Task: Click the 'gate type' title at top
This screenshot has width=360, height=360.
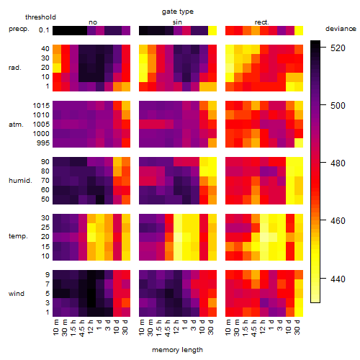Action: [178, 12]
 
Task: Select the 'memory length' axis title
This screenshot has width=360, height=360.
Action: [177, 350]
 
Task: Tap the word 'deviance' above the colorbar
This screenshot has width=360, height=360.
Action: [341, 29]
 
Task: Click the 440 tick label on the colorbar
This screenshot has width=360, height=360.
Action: [338, 279]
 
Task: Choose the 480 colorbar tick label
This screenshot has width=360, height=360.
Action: [338, 163]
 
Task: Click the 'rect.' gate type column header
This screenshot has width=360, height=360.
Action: [262, 22]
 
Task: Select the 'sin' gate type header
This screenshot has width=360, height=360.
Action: [177, 22]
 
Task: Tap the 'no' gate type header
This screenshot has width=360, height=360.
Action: [93, 22]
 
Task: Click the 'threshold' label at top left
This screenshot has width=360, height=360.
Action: [40, 17]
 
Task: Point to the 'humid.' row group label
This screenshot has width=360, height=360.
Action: [20, 181]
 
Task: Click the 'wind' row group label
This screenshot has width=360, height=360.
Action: [17, 294]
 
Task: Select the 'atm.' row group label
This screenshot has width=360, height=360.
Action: [16, 125]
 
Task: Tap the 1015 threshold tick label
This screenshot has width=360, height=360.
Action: [41, 106]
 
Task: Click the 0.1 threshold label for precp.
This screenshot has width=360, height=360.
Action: [44, 30]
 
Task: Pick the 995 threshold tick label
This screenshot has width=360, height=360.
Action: [43, 143]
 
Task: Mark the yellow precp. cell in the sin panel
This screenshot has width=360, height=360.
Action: [212, 30]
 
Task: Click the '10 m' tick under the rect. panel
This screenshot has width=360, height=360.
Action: [229, 328]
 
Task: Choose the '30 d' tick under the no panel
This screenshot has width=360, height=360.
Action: [125, 328]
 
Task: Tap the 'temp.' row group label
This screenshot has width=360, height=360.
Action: [18, 236]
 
